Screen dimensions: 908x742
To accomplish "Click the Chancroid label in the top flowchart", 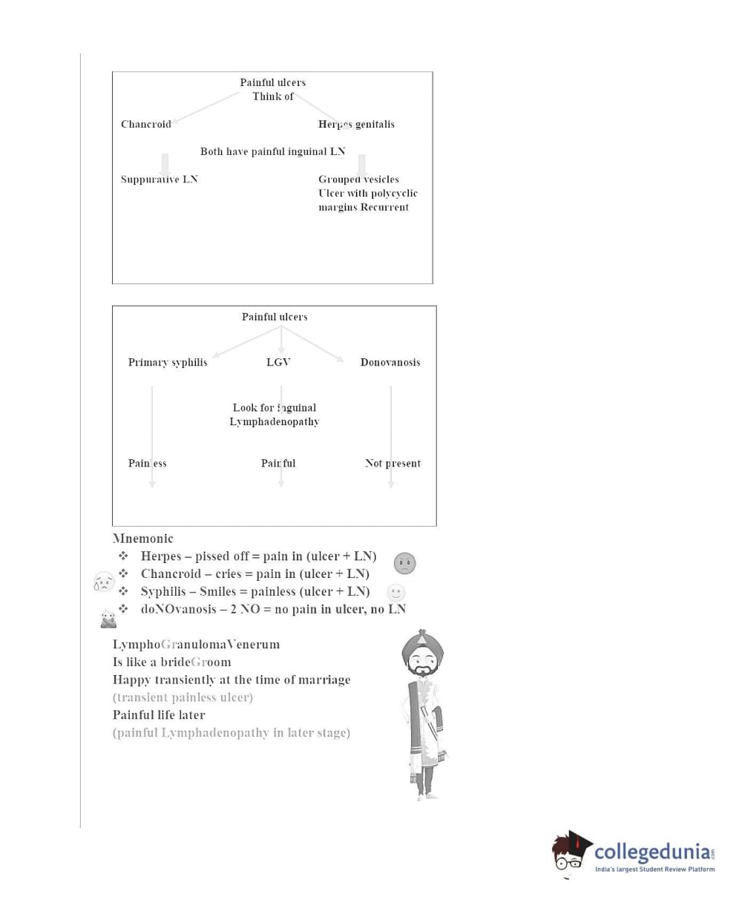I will pyautogui.click(x=146, y=124).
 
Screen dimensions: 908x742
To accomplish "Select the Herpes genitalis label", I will pyautogui.click(x=356, y=124).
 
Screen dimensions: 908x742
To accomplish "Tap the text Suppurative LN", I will pyautogui.click(x=160, y=179).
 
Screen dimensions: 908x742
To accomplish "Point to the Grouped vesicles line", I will pyautogui.click(x=358, y=179).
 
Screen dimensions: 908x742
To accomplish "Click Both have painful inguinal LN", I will pyautogui.click(x=272, y=151).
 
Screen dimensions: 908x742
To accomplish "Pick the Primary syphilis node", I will pyautogui.click(x=168, y=362).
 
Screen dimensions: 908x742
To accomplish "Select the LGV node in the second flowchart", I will pyautogui.click(x=278, y=362).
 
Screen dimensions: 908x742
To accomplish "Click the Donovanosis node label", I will pyautogui.click(x=390, y=362).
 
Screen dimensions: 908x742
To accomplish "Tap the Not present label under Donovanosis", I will pyautogui.click(x=393, y=463).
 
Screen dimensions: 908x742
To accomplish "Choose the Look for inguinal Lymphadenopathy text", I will pyautogui.click(x=275, y=415).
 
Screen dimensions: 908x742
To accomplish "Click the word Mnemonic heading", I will pyautogui.click(x=143, y=539).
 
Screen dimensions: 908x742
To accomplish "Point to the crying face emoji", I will pyautogui.click(x=104, y=582).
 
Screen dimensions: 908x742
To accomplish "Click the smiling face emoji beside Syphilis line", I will pyautogui.click(x=396, y=593).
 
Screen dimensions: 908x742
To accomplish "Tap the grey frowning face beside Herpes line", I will pyautogui.click(x=404, y=564).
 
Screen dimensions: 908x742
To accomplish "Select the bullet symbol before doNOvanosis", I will pyautogui.click(x=123, y=609).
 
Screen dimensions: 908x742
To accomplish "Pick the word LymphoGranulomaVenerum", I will pyautogui.click(x=196, y=644).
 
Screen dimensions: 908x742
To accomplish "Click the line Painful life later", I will pyautogui.click(x=159, y=715).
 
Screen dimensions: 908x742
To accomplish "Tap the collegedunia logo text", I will pyautogui.click(x=653, y=852).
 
